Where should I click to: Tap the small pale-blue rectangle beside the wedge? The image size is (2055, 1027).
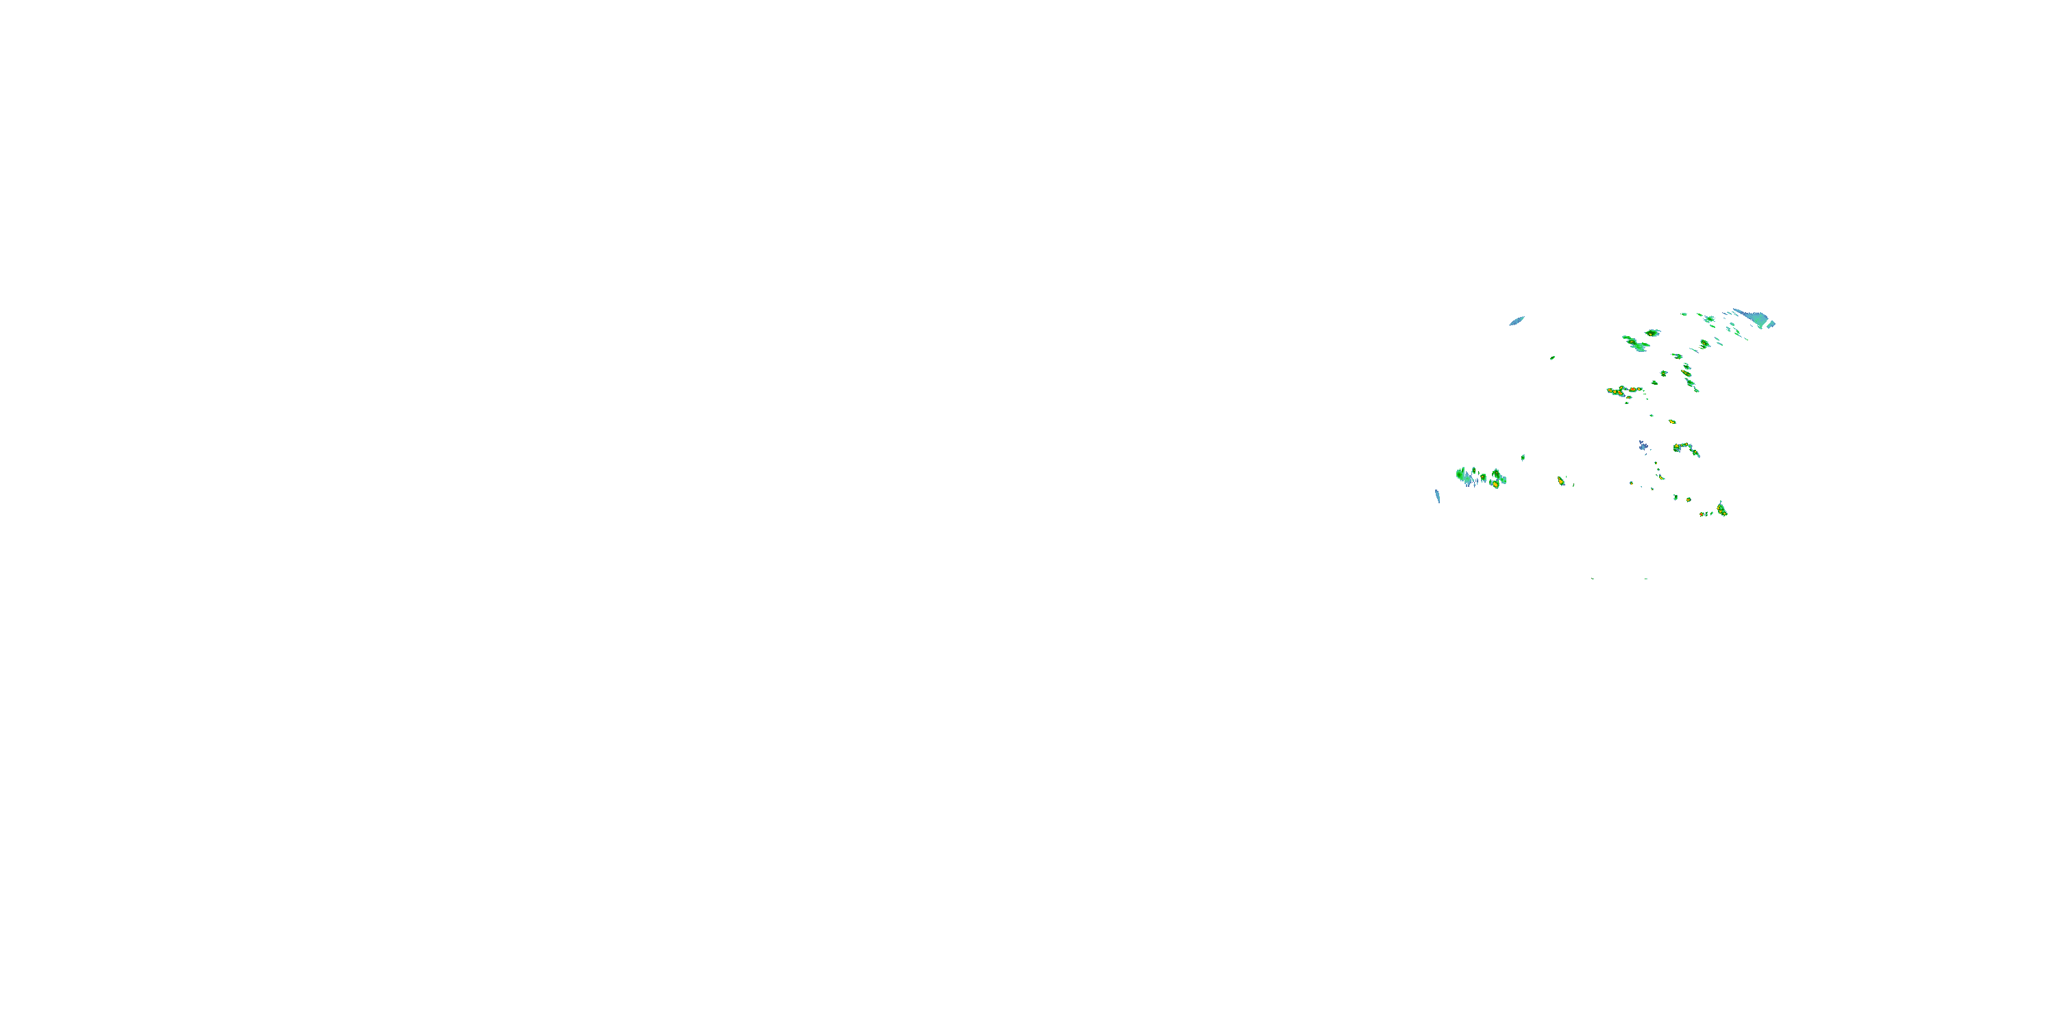[1771, 324]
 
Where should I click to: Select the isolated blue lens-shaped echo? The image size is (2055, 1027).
[1517, 320]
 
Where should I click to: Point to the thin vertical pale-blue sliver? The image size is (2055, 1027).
[1438, 496]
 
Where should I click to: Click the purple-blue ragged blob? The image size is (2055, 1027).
[1643, 446]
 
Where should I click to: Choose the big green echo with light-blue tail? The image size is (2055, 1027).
[1636, 344]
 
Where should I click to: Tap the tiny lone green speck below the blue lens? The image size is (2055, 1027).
[1552, 358]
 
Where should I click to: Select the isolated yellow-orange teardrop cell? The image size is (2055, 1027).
[1561, 481]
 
